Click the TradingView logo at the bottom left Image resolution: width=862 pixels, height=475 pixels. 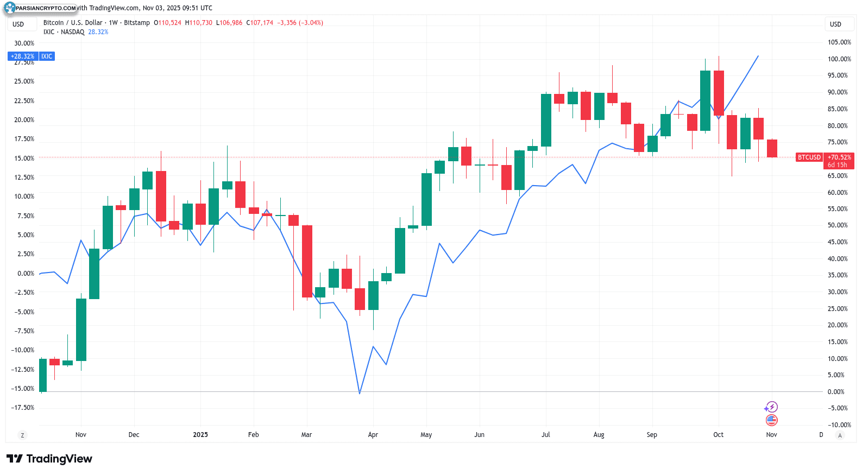click(49, 459)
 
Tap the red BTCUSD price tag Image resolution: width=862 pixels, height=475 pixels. click(809, 157)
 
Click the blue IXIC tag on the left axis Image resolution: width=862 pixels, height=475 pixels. click(47, 56)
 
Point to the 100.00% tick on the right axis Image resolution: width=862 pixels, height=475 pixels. click(839, 59)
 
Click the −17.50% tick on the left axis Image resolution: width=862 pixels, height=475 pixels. click(23, 408)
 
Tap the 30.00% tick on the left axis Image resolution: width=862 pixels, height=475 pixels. click(24, 43)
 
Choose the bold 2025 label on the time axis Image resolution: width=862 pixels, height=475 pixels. click(200, 435)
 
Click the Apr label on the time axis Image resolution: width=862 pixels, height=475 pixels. click(373, 435)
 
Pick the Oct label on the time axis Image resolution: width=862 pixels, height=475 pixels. click(718, 435)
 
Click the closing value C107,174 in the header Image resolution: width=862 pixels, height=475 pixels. click(260, 23)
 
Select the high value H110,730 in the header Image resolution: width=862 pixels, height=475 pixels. click(199, 23)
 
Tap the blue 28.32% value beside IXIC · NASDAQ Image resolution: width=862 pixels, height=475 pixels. click(98, 32)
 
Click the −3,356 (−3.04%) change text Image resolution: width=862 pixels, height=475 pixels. click(300, 23)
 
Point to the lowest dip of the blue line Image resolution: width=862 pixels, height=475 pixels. click(360, 393)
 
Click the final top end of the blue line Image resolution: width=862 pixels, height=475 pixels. click(758, 56)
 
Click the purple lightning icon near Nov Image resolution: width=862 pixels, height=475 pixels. click(771, 407)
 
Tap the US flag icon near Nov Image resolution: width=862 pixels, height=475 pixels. click(771, 420)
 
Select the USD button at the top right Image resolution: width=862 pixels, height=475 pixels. click(835, 24)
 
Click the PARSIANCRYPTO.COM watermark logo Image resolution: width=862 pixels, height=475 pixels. click(40, 8)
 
